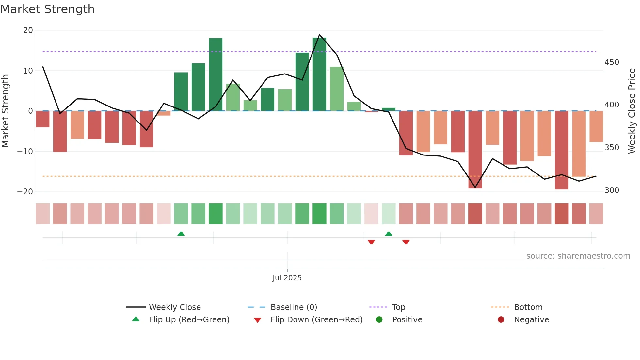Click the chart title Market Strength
47,9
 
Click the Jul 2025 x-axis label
287,278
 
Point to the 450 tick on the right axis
612,62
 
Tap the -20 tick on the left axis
25,192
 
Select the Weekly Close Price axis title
632,111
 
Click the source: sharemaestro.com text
578,256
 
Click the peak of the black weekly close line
319,35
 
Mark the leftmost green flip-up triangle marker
181,234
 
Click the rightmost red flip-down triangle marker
406,242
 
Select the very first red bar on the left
42,119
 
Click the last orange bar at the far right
596,126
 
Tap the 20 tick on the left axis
28,30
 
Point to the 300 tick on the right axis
612,190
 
